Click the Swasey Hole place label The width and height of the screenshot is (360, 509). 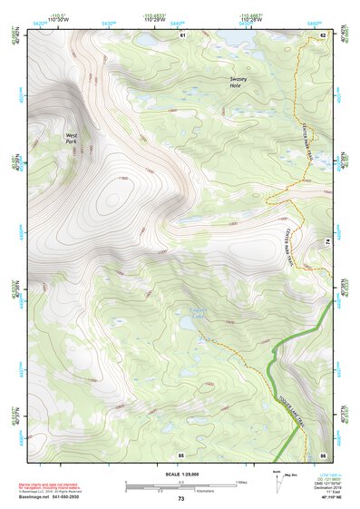tap(241, 81)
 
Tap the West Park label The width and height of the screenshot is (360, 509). tap(71, 139)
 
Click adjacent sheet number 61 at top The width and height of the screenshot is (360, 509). tap(181, 34)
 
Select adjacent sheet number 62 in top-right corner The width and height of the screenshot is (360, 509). tap(323, 34)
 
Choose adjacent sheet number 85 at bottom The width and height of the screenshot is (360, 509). tap(181, 453)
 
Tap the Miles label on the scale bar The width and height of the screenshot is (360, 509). tap(239, 482)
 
